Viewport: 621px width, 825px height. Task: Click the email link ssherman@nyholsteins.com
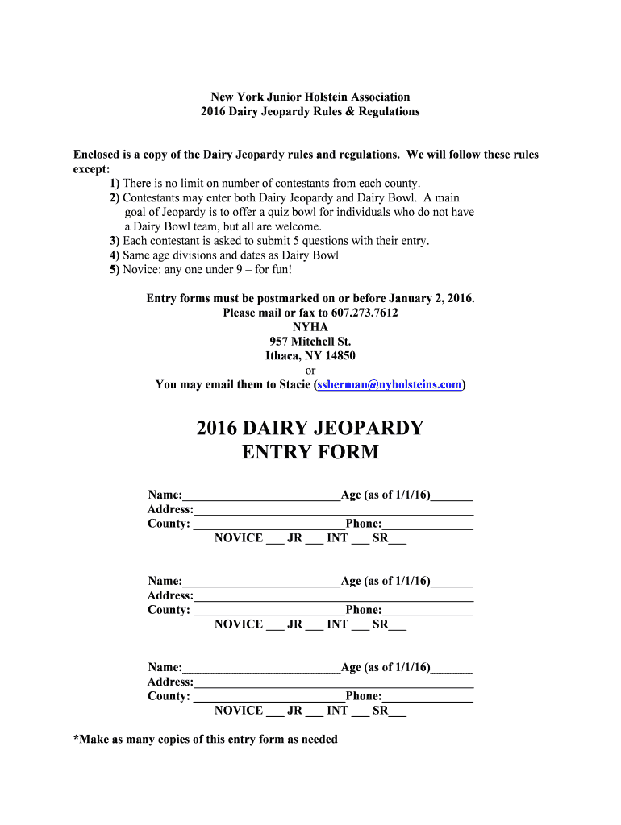tap(390, 385)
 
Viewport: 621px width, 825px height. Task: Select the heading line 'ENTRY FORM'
tap(310, 452)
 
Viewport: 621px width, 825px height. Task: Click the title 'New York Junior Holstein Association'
tap(310, 97)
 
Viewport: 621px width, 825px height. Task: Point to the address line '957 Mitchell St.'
tap(310, 342)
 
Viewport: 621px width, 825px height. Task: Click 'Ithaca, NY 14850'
tap(310, 356)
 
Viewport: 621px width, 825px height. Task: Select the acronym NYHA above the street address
tap(310, 327)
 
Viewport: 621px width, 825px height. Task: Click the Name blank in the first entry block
tap(261, 496)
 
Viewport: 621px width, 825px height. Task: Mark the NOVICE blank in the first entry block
tap(274, 540)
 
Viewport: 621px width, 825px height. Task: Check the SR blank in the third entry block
tap(398, 712)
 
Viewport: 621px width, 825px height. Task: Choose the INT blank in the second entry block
tap(360, 626)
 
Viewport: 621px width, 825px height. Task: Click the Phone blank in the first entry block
tap(427, 525)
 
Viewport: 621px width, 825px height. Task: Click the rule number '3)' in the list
tap(115, 241)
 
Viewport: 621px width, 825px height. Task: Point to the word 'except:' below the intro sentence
tap(91, 169)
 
